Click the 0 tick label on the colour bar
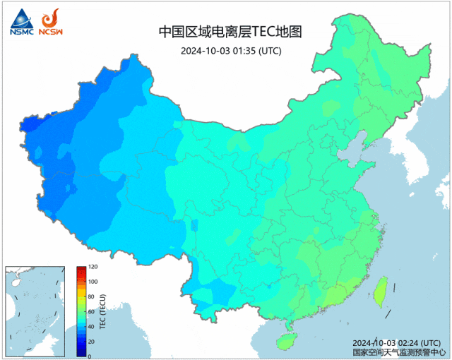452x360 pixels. point(90,356)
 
